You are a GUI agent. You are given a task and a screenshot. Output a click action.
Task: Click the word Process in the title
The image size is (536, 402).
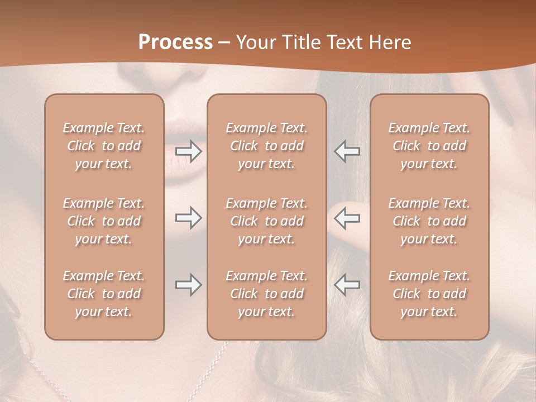[x=175, y=42]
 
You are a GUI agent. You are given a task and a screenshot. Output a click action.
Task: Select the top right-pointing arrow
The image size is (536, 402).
[x=189, y=151]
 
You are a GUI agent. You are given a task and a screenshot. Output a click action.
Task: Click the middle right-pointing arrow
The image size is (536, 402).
[x=189, y=218]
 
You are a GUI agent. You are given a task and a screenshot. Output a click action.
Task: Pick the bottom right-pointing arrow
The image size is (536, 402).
[x=189, y=285]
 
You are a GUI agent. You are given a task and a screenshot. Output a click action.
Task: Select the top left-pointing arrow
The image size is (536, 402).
[x=347, y=151]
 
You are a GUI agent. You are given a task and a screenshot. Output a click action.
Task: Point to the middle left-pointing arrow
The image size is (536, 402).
[x=347, y=218]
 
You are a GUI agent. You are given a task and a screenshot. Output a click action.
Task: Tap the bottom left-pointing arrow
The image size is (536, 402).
[x=347, y=285]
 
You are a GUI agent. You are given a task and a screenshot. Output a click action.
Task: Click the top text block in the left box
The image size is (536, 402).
[x=104, y=146]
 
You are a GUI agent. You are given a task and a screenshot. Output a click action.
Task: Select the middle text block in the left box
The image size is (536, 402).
[x=104, y=221]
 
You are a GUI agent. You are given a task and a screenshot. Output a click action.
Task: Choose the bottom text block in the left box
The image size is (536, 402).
[x=104, y=294]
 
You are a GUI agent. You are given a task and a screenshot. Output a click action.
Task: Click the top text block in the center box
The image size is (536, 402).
[x=266, y=146]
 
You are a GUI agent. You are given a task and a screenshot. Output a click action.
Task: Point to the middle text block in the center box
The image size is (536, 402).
[x=266, y=221]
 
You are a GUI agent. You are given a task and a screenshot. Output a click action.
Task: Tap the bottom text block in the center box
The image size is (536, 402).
[x=266, y=294]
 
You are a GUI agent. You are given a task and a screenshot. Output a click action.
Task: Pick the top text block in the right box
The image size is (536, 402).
[x=429, y=146]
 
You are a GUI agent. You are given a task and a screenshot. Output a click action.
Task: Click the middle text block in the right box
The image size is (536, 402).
[x=429, y=221]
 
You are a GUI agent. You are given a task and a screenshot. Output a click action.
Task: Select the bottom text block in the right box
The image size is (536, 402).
[x=429, y=294]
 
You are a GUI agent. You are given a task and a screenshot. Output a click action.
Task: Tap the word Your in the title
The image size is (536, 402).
[x=256, y=42]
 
